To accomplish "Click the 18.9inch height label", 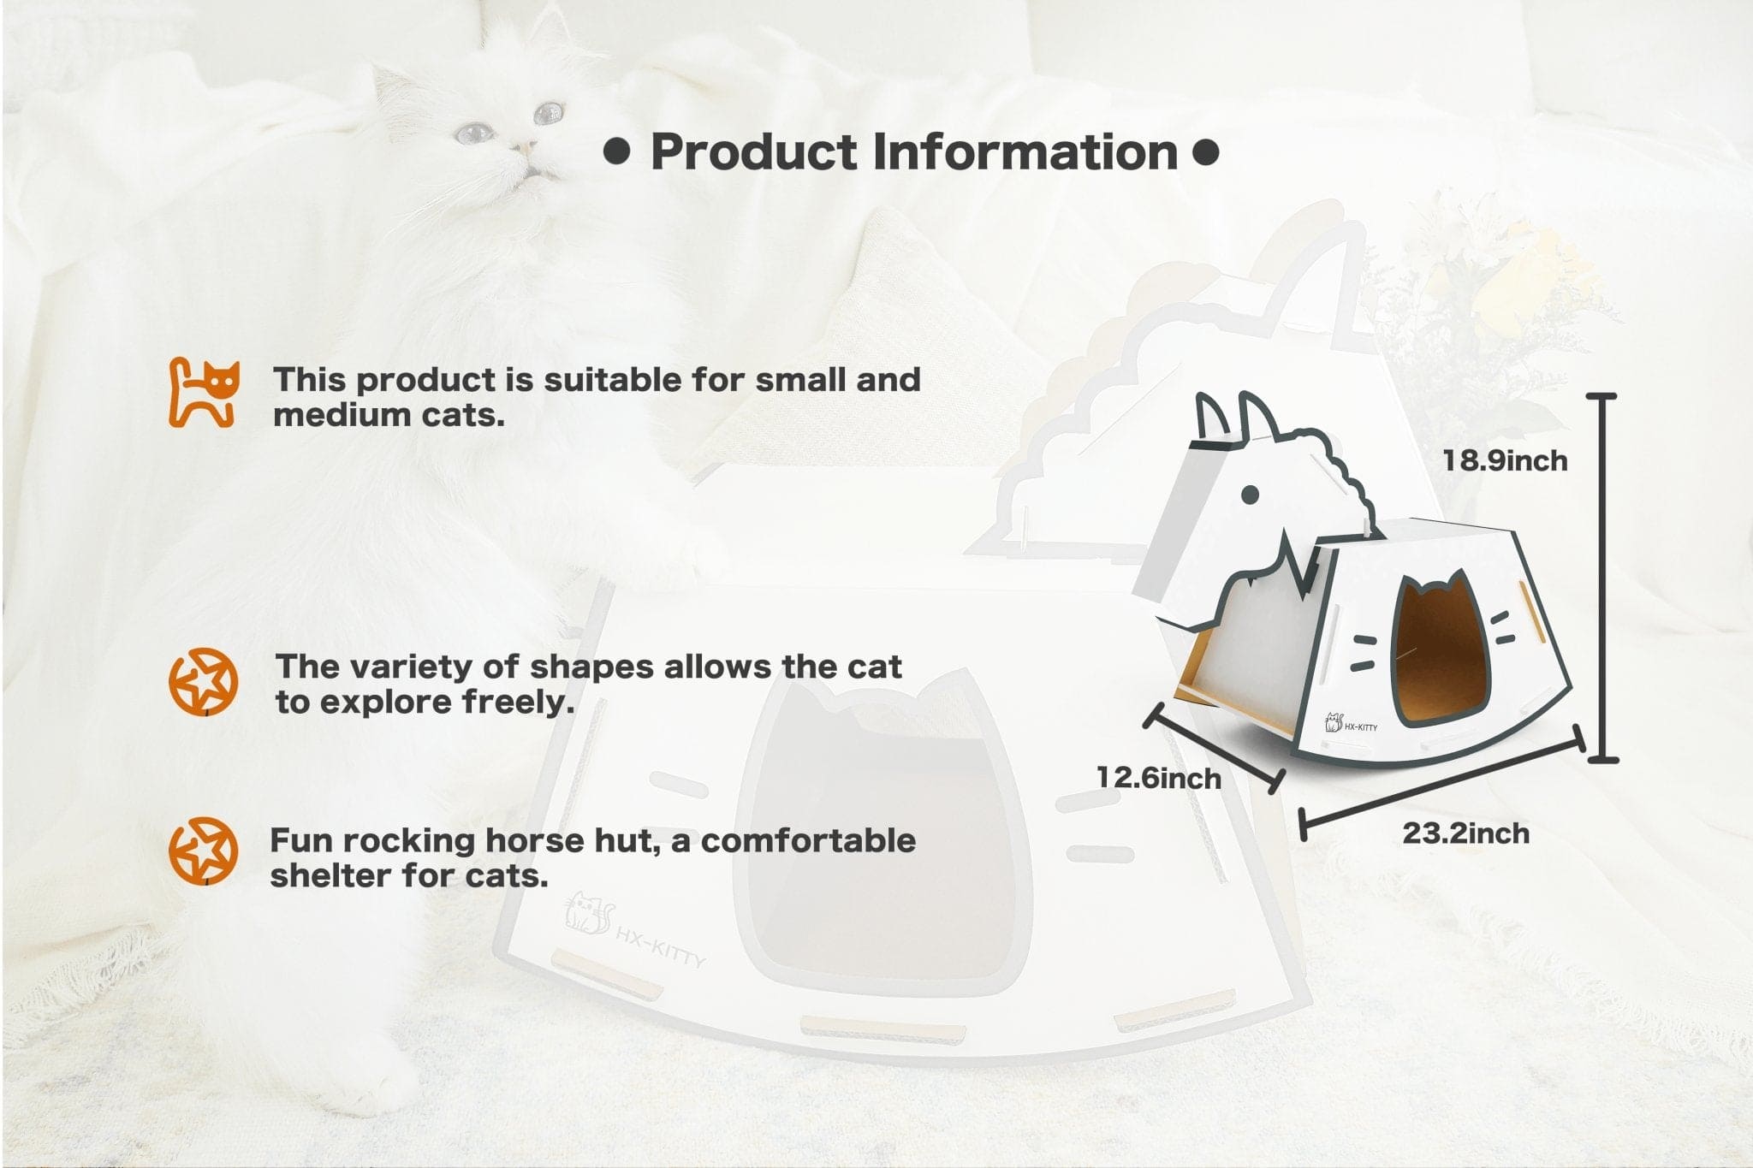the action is [1505, 460].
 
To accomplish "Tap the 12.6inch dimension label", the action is [1159, 778].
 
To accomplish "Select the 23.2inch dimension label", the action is [1465, 833].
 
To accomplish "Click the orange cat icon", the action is [203, 393].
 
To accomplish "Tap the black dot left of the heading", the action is [616, 152].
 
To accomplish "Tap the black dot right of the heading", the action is [1205, 152].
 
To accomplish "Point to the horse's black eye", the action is [1250, 494].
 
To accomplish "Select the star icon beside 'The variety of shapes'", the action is [203, 682].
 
